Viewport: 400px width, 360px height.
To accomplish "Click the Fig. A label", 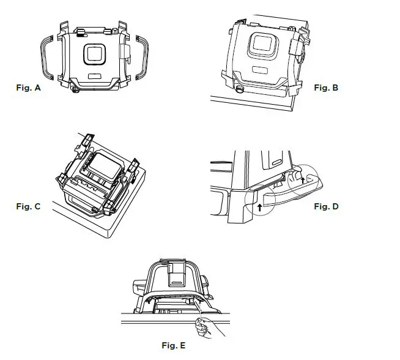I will [x=28, y=88].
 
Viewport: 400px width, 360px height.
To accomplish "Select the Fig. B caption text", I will [x=326, y=88].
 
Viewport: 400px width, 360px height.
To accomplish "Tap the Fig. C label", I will [x=28, y=206].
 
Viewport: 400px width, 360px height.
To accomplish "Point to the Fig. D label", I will [x=326, y=206].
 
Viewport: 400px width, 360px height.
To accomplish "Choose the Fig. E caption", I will [x=174, y=346].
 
